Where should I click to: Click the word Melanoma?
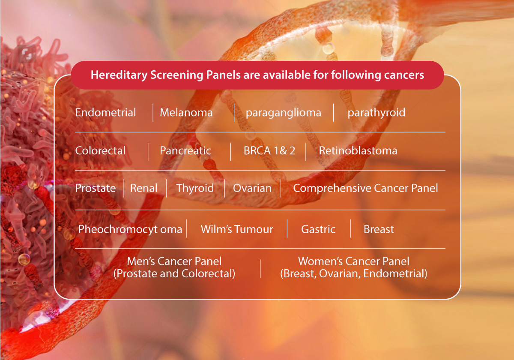[x=186, y=112]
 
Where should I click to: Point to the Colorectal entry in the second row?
[x=100, y=150]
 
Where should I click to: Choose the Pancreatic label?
[x=185, y=150]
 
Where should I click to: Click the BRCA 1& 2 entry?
[x=269, y=150]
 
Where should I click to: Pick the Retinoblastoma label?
[x=358, y=150]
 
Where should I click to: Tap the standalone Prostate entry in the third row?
[x=96, y=188]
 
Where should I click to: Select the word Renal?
[x=143, y=188]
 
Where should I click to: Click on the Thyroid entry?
[x=195, y=189]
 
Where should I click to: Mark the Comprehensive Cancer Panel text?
[x=365, y=189]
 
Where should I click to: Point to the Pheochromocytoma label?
[x=130, y=229]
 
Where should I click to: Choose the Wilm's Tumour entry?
[x=237, y=229]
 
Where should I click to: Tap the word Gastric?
[x=318, y=229]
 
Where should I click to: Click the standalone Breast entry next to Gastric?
[x=379, y=229]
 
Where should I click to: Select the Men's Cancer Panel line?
[x=174, y=261]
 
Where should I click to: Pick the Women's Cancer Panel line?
[x=353, y=261]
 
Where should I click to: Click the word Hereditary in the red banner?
[x=119, y=75]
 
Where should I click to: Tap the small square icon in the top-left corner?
[x=27, y=54]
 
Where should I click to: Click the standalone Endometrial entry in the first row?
[x=105, y=112]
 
